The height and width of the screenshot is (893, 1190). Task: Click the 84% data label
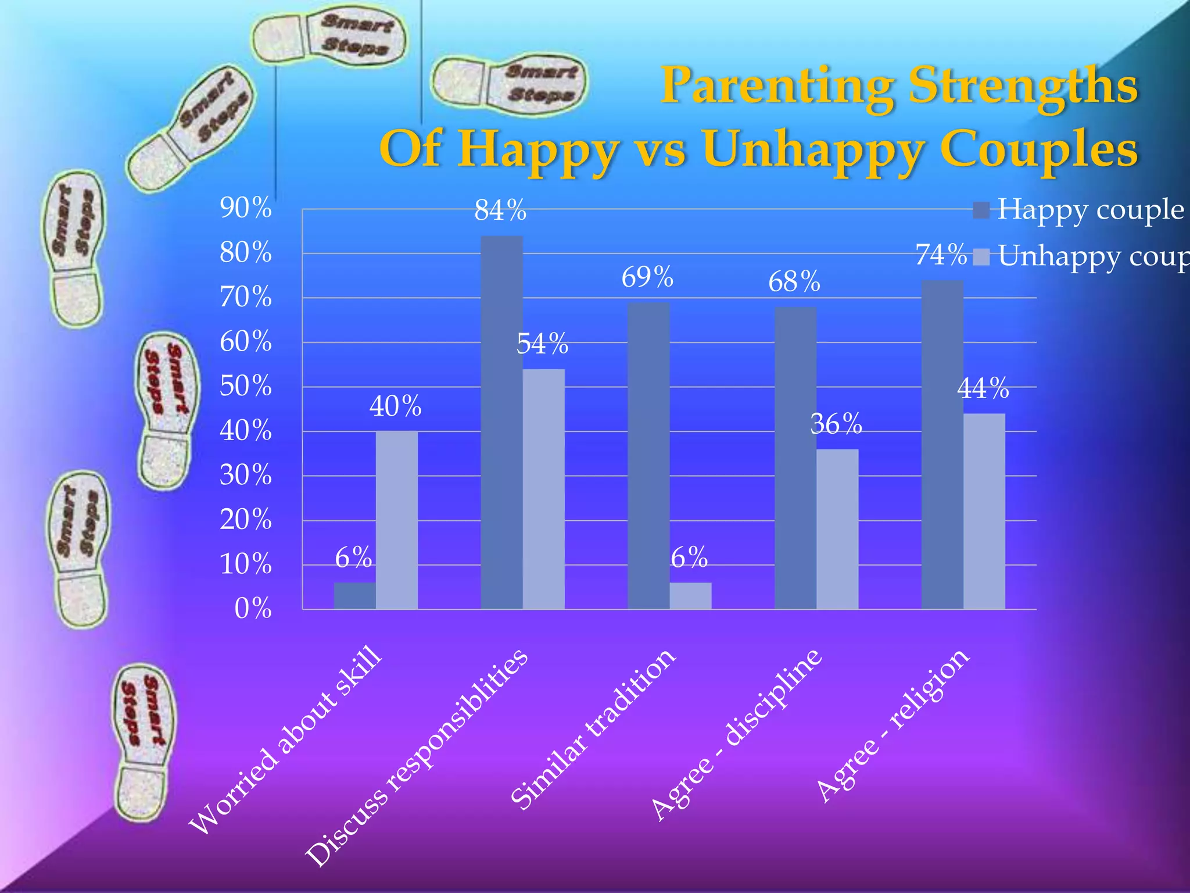click(x=500, y=210)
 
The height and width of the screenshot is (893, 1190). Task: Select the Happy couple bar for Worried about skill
click(x=354, y=596)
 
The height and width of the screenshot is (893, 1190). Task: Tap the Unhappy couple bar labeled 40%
click(x=396, y=520)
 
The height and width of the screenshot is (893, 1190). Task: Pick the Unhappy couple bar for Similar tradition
click(x=690, y=596)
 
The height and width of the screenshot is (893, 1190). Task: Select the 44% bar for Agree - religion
click(x=984, y=511)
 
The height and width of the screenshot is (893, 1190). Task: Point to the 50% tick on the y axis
click(x=246, y=386)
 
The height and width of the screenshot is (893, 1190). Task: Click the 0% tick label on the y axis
click(x=253, y=609)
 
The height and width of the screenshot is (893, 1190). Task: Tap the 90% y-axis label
click(x=246, y=208)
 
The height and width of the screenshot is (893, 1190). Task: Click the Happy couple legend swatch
click(x=981, y=210)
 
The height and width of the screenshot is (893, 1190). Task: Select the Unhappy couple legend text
click(x=1092, y=256)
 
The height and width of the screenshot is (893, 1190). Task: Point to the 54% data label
click(x=542, y=344)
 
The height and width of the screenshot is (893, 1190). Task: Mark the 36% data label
click(x=836, y=424)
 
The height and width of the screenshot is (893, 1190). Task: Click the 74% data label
click(x=941, y=255)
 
